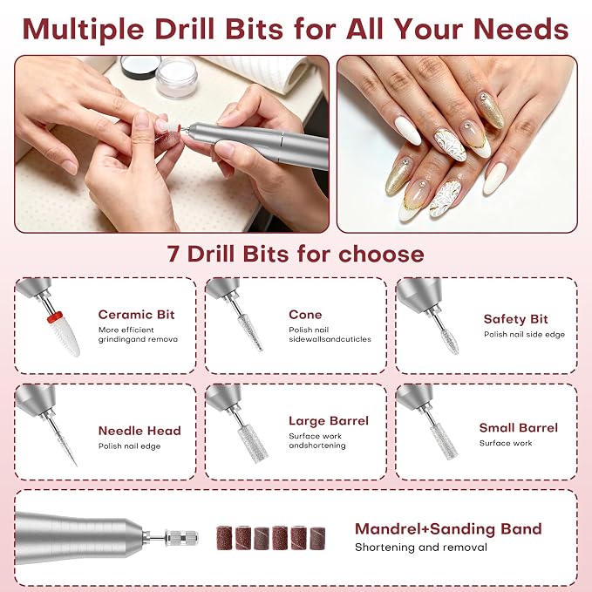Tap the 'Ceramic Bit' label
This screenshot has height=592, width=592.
coord(136,315)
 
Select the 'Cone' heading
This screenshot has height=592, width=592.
coord(305,315)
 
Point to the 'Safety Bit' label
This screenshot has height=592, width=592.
coord(515,319)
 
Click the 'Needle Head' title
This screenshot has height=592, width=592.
coord(139,431)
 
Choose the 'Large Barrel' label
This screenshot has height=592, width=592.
coord(329,421)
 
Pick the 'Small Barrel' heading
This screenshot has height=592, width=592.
coord(519,428)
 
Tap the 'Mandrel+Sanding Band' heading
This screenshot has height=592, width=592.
coord(448,529)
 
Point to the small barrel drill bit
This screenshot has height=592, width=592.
coord(444,441)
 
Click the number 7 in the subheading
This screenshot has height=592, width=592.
coord(173,254)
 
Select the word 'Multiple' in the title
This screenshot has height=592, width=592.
coord(83,30)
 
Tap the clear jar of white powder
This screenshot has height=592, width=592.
coord(177,78)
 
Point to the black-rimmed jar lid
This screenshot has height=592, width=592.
coord(140,67)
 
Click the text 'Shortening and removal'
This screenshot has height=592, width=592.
coord(421,548)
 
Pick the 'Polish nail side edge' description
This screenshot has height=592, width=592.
coord(524,335)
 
